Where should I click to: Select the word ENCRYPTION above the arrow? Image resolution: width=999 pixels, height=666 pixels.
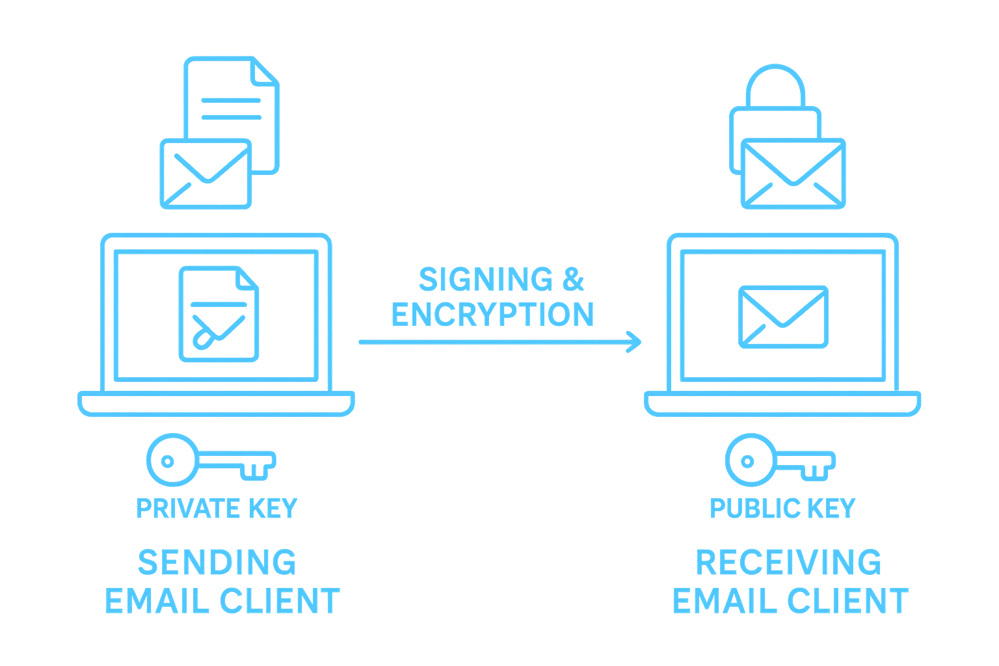tap(492, 315)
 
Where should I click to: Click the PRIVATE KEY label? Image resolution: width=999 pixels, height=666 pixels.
tap(217, 508)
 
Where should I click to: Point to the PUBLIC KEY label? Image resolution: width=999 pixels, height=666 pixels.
tap(782, 508)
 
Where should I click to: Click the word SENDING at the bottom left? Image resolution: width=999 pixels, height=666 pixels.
tap(218, 563)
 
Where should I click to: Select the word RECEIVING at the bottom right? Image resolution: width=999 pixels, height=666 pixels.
tap(789, 563)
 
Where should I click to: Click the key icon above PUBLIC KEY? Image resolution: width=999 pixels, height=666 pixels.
tap(779, 461)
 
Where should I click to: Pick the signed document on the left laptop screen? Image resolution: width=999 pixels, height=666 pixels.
tap(219, 314)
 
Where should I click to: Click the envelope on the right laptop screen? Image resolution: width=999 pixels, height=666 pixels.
tap(784, 317)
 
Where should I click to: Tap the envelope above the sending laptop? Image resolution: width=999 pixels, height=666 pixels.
tap(206, 173)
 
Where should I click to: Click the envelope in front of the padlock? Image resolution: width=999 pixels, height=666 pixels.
tap(793, 173)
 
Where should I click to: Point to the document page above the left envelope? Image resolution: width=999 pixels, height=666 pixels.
tap(232, 98)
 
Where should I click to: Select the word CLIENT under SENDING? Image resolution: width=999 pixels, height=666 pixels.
tap(280, 601)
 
